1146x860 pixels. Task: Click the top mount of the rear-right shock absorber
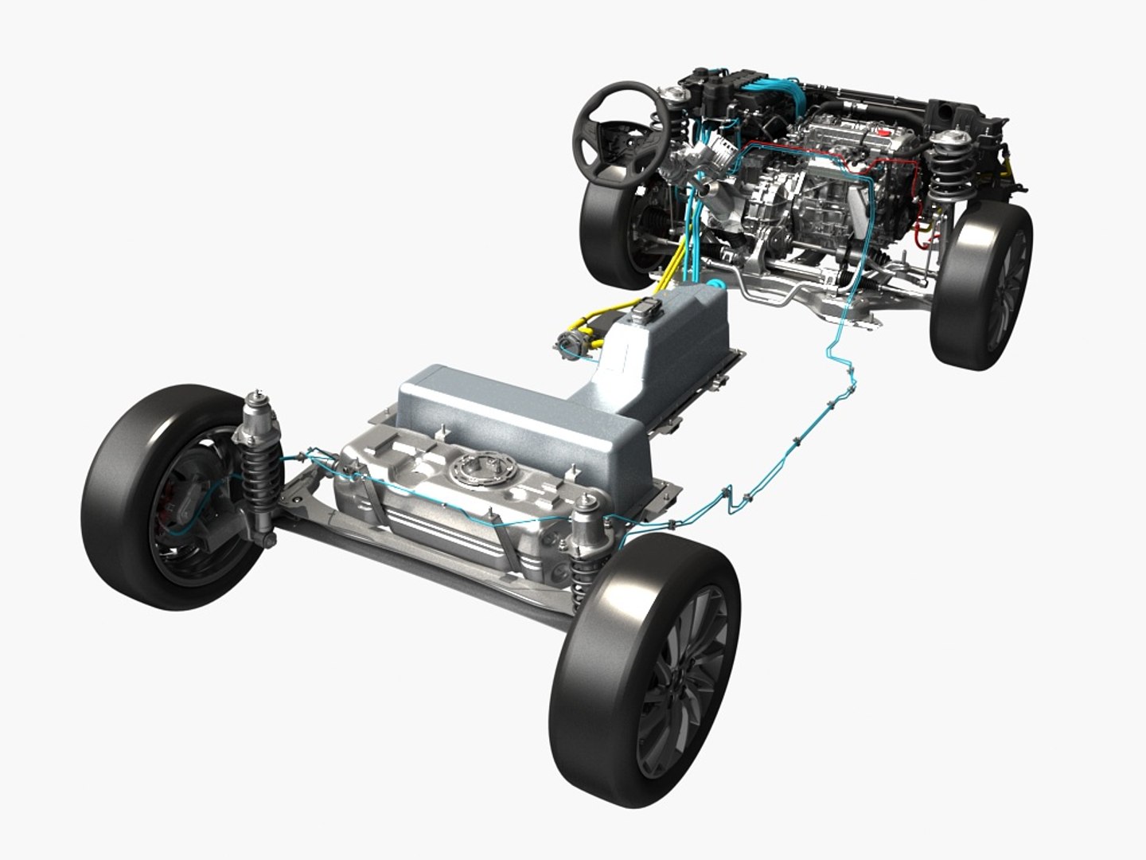coord(588,507)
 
